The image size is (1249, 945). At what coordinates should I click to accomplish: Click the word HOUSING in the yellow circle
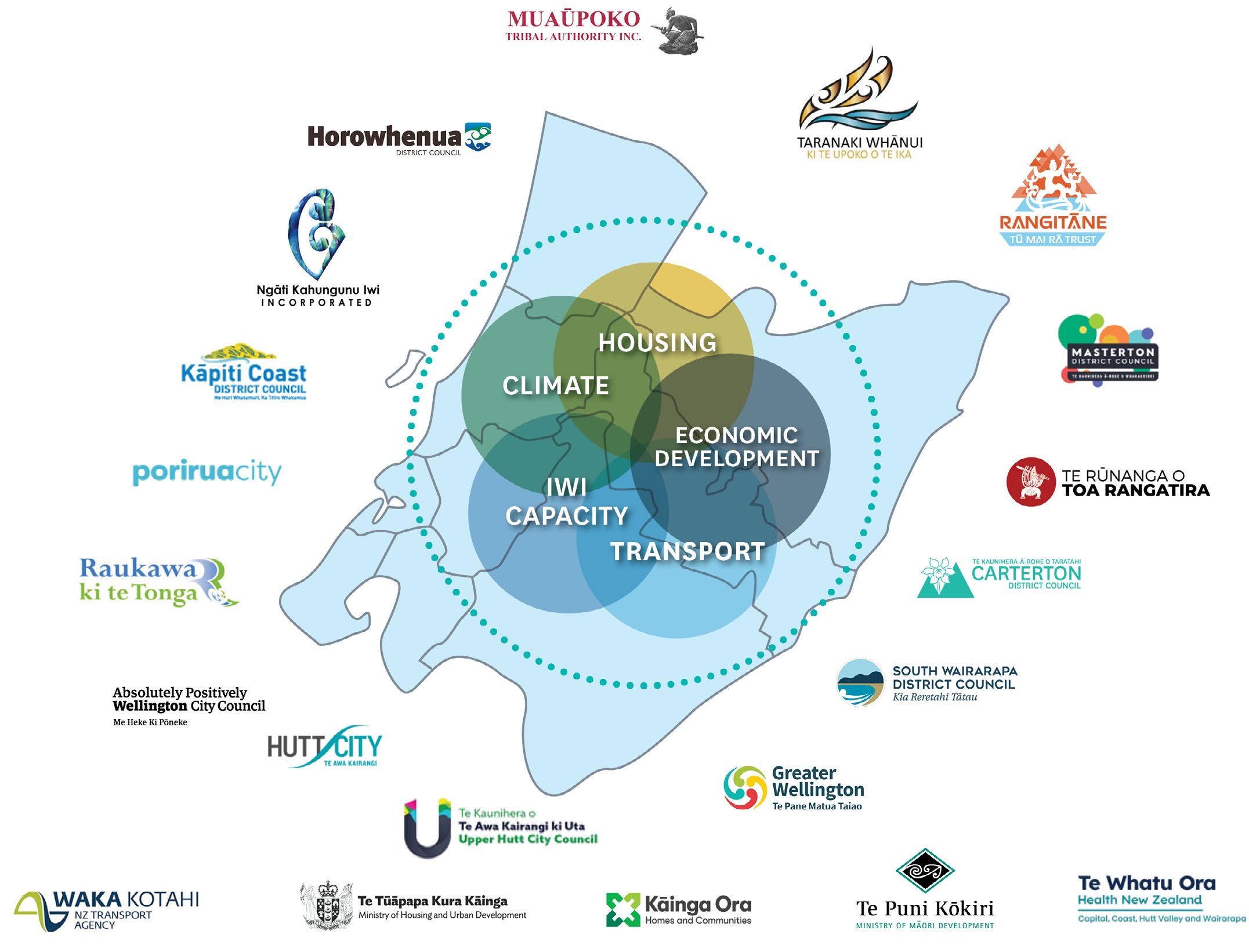click(x=657, y=343)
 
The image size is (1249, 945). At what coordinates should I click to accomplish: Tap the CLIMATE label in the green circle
click(x=556, y=386)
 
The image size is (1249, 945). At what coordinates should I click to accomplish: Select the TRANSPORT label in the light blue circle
click(x=687, y=551)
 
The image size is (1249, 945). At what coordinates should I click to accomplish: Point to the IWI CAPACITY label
click(x=567, y=502)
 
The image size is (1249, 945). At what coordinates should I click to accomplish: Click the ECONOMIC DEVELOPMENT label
click(x=737, y=447)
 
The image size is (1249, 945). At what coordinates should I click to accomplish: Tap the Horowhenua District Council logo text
click(x=384, y=137)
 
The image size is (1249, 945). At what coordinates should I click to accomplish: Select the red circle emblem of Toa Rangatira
click(x=1030, y=482)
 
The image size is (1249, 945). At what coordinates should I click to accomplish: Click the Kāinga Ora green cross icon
click(x=622, y=909)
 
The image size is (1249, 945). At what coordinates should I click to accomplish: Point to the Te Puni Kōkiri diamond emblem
click(x=925, y=870)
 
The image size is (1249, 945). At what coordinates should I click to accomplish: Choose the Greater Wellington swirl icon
click(x=745, y=787)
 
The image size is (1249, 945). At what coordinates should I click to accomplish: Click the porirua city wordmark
click(x=207, y=472)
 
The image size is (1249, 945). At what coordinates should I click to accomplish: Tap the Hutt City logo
click(x=324, y=747)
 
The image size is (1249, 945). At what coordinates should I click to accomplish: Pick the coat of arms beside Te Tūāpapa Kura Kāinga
click(x=327, y=906)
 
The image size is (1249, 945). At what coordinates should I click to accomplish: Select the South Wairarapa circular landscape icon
click(x=860, y=682)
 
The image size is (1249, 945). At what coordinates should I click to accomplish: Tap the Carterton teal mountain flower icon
click(x=944, y=578)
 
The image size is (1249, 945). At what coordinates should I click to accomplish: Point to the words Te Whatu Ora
click(x=1146, y=883)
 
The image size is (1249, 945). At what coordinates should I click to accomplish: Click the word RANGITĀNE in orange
click(x=1053, y=223)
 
